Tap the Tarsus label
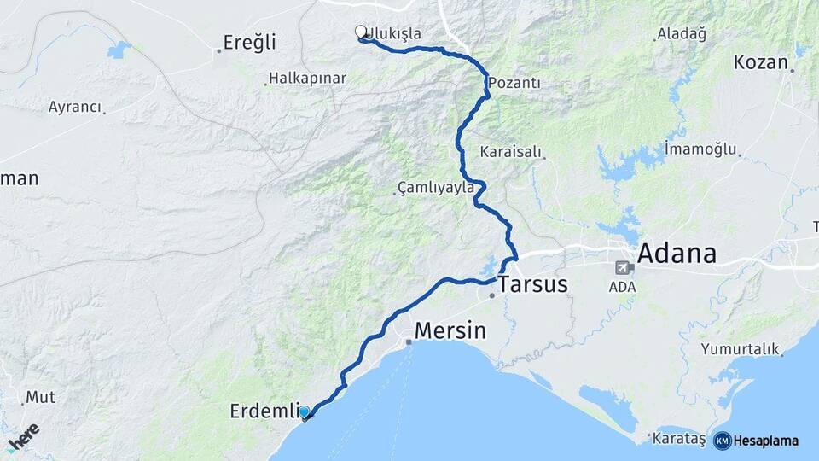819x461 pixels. [x=532, y=284]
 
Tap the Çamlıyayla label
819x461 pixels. [x=435, y=188]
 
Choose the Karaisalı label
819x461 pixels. [x=511, y=151]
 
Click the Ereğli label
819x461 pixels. [x=249, y=42]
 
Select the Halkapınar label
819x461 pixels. [x=307, y=78]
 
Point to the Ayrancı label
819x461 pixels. [x=75, y=108]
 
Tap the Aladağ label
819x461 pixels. [x=682, y=34]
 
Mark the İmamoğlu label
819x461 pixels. [x=700, y=149]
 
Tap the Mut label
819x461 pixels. [x=40, y=397]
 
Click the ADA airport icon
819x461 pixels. [x=622, y=267]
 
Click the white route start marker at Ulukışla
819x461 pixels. [x=361, y=32]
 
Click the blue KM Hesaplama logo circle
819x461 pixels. [x=722, y=441]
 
